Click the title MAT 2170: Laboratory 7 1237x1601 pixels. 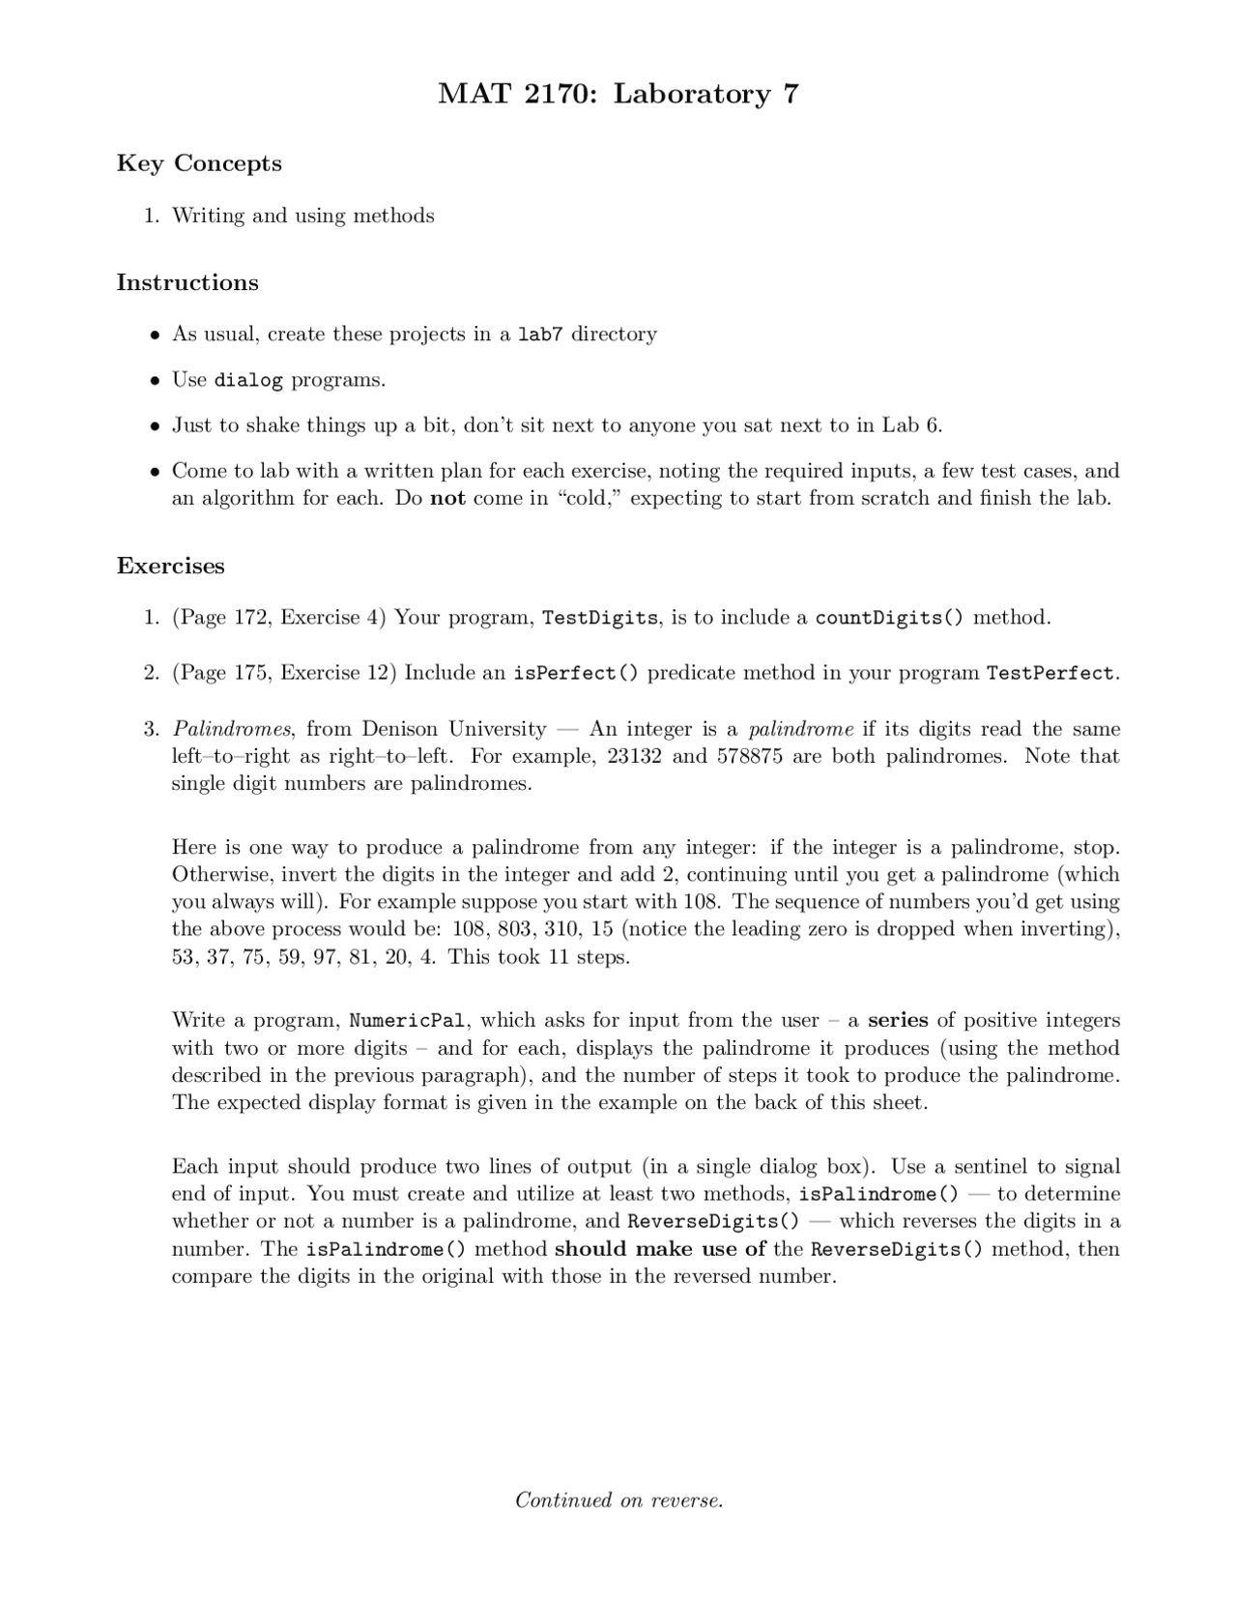pos(618,94)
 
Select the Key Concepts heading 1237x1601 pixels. pos(199,163)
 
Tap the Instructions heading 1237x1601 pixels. pos(187,282)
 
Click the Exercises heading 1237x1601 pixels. pos(170,566)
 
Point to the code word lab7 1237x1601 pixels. pos(540,335)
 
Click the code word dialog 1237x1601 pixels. pos(248,380)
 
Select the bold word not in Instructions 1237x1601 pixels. pos(447,499)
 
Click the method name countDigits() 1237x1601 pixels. pos(889,618)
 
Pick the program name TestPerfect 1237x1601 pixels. pos(1050,673)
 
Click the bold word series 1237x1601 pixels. pos(898,1020)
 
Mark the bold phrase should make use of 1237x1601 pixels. pos(660,1249)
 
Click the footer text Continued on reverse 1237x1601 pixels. pos(618,1500)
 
